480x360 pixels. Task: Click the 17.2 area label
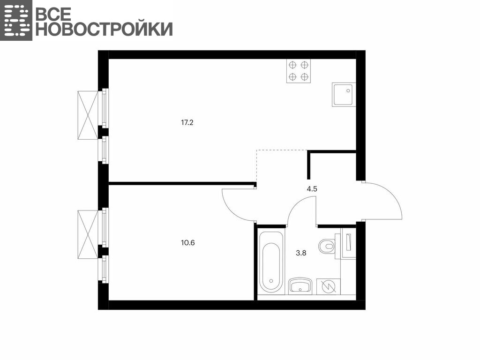[187, 123]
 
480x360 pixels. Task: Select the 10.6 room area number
[187, 243]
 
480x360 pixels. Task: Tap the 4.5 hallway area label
[312, 189]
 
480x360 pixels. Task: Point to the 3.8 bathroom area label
[301, 253]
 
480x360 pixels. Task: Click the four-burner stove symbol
[299, 71]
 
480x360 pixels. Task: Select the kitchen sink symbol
[344, 95]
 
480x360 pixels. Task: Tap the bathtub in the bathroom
[270, 262]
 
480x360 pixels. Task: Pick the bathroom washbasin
[300, 286]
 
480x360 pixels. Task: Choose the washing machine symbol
[328, 286]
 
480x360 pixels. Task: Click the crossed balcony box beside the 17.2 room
[88, 115]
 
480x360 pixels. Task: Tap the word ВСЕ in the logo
[53, 14]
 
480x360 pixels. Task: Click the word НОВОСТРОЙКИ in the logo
[105, 29]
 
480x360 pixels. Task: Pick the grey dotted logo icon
[16, 20]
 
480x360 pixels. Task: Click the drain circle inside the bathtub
[270, 280]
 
